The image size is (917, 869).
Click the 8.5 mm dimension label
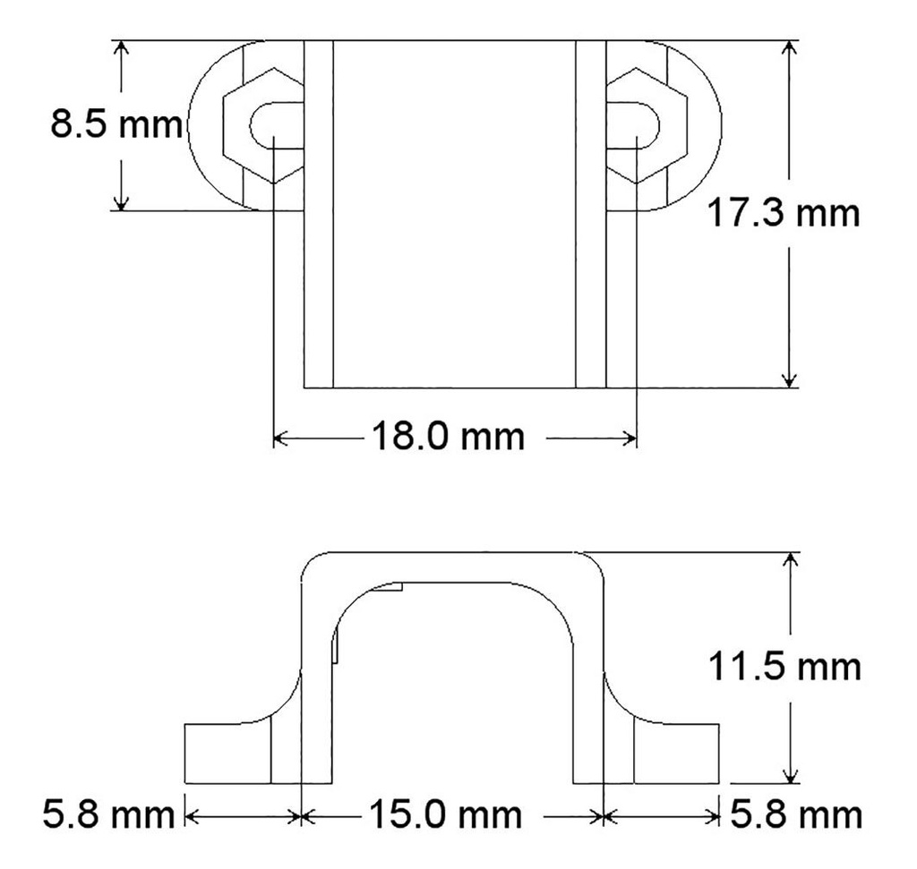coord(115,124)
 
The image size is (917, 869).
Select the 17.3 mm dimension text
coord(783,215)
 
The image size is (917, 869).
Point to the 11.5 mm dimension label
coord(784,668)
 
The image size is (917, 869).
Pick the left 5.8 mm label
coord(107,815)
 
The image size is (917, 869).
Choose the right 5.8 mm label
coord(796,815)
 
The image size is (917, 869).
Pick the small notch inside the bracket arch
coord(392,587)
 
